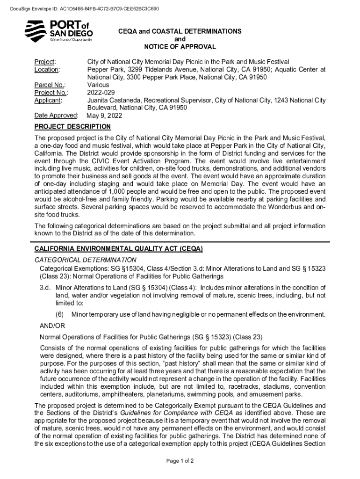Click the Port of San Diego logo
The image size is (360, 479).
click(x=58, y=31)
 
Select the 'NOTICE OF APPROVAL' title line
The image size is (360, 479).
click(x=180, y=47)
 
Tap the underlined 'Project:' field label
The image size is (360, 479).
click(x=45, y=62)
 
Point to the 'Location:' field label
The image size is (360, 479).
click(x=47, y=69)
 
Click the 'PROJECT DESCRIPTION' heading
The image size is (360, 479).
click(x=73, y=127)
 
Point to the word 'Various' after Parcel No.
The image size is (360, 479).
click(x=98, y=85)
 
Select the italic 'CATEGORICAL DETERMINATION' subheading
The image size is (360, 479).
click(x=86, y=260)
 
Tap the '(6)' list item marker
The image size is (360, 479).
click(x=60, y=314)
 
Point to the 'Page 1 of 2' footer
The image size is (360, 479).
click(x=180, y=461)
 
